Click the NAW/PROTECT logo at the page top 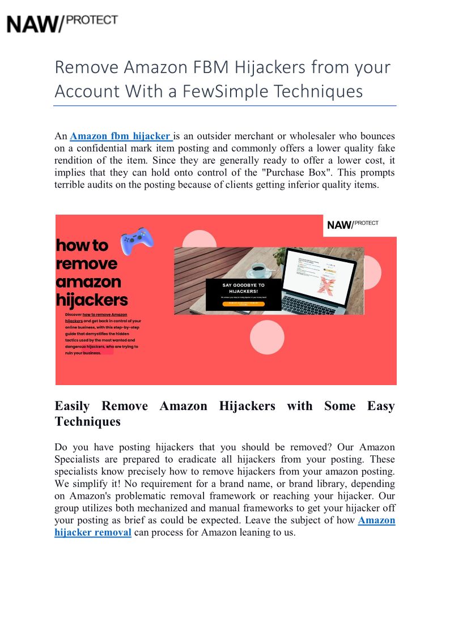pos(62,23)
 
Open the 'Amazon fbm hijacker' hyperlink pos(120,136)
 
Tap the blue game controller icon pos(137,241)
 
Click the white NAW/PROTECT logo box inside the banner pos(359,225)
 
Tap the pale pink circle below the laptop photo pos(267,337)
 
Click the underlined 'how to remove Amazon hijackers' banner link pos(105,314)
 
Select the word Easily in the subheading pos(73,406)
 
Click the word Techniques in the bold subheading pos(87,421)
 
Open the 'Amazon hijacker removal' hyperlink pos(93,532)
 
